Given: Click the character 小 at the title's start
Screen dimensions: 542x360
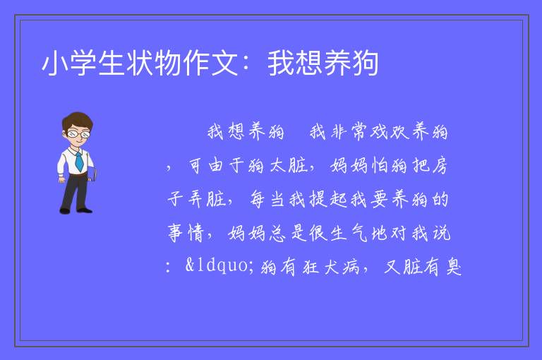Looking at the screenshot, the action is pos(55,63).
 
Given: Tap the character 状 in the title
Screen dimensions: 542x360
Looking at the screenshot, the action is pos(140,63).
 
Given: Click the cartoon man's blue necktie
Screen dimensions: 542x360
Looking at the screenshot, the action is pos(79,161).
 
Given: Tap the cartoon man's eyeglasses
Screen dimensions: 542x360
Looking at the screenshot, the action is pos(78,133).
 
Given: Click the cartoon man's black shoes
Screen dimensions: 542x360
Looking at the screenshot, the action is pos(76,210).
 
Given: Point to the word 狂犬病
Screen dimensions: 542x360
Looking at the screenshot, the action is pos(331,267).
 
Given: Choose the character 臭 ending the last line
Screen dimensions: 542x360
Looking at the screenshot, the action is pos(454,267).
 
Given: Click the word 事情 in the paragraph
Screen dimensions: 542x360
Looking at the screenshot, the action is pos(186,233).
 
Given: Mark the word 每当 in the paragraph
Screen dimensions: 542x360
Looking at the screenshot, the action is pos(267,199).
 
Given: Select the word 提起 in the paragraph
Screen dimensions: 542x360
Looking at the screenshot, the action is pos(328,199).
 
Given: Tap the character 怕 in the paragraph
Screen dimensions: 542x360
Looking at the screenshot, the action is pos(380,166).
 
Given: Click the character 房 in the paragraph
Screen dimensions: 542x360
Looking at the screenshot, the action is pos(440,166).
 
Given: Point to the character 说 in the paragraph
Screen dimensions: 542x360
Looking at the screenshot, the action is pos(441,233).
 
